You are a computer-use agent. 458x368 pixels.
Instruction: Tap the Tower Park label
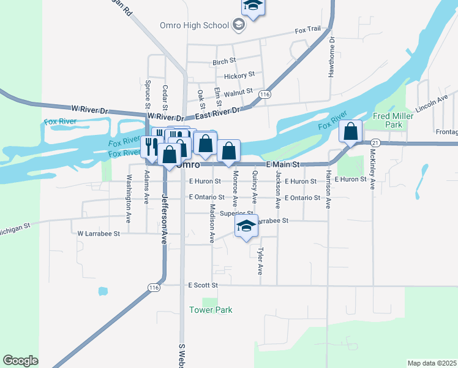[x=211, y=310]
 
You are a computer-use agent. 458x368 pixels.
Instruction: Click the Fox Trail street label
[x=307, y=29]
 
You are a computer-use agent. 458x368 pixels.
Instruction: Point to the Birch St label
[x=224, y=61]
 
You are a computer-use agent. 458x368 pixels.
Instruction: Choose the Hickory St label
[x=239, y=75]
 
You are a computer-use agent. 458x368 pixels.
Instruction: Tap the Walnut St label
[x=238, y=91]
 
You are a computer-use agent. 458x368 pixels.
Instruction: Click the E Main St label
[x=282, y=164]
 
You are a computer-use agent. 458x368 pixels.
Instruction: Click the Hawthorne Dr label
[x=331, y=58]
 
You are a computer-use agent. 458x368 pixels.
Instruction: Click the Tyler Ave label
[x=260, y=261]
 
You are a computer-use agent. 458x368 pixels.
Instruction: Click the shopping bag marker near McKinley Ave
[x=351, y=132]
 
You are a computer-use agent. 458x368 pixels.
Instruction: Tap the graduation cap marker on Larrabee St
[x=246, y=226]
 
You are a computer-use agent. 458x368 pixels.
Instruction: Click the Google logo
[x=20, y=361]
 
